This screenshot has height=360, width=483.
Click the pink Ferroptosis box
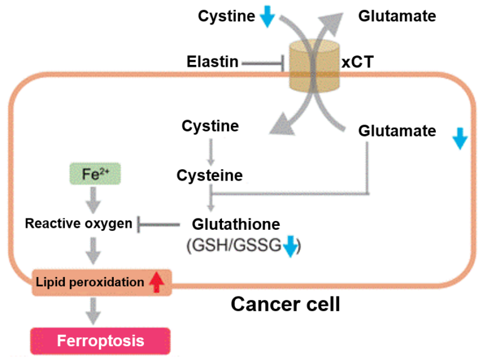pyautogui.click(x=100, y=341)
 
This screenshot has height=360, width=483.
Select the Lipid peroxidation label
pyautogui.click(x=90, y=282)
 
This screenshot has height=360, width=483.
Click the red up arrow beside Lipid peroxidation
pyautogui.click(x=156, y=283)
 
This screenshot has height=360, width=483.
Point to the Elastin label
pyautogui.click(x=213, y=62)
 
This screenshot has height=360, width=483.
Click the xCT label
pyautogui.click(x=357, y=62)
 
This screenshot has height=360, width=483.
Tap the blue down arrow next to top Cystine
pyautogui.click(x=267, y=17)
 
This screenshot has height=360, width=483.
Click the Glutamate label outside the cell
pyautogui.click(x=397, y=16)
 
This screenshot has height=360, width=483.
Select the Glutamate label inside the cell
pyautogui.click(x=397, y=131)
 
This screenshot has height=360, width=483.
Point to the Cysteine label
pyautogui.click(x=209, y=175)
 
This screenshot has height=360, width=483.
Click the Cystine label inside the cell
pyautogui.click(x=210, y=126)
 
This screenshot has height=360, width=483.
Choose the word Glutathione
pyautogui.click(x=236, y=224)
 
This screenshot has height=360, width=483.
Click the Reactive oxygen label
pyautogui.click(x=79, y=223)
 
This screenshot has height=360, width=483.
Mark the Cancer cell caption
pyautogui.click(x=285, y=304)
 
